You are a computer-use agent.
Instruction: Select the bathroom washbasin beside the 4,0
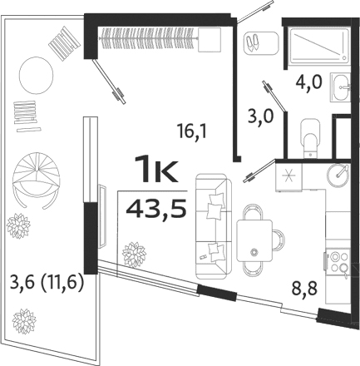click(340, 84)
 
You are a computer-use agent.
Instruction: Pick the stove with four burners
click(339, 264)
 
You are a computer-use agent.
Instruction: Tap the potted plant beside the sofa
click(133, 253)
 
